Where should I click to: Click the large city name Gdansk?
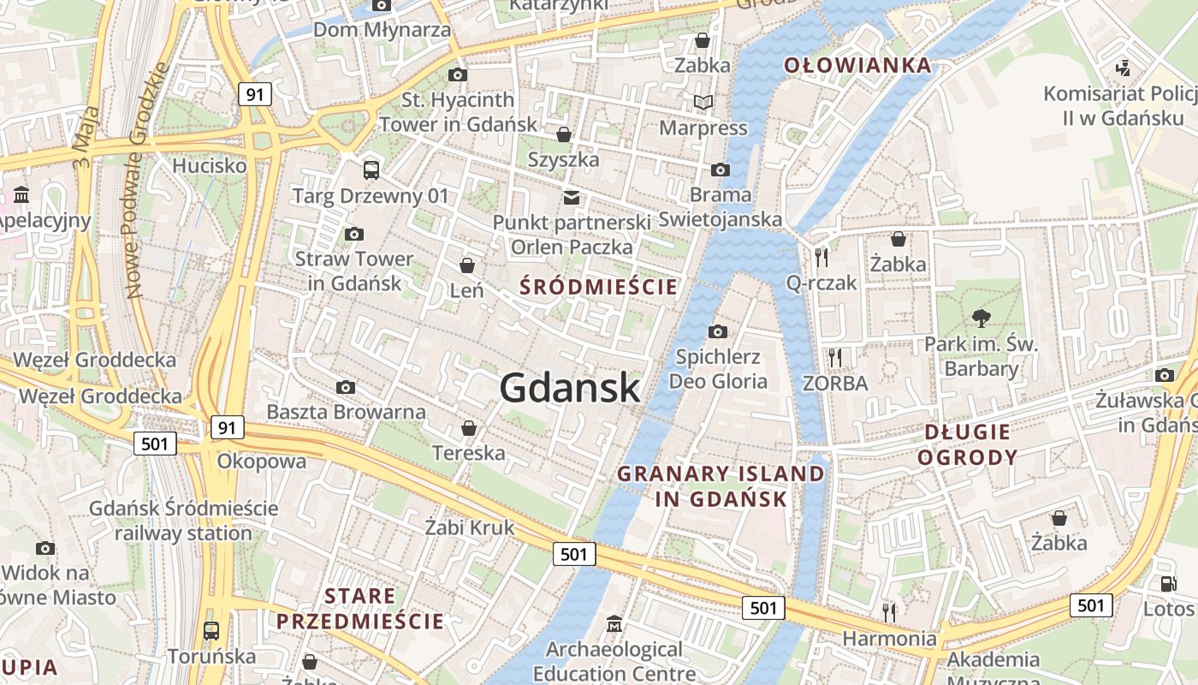tap(570, 387)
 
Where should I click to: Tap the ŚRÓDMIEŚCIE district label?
tap(598, 287)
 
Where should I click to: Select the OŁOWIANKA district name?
tap(857, 65)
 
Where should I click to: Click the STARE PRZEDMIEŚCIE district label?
tap(360, 608)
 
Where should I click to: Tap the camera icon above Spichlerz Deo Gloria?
tap(718, 331)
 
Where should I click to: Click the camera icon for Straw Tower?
tap(353, 234)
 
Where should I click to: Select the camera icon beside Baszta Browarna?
tap(346, 387)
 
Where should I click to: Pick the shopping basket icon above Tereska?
tap(469, 427)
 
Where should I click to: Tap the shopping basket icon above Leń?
tap(467, 265)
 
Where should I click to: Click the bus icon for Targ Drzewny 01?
tap(371, 170)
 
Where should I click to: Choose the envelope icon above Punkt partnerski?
tap(571, 198)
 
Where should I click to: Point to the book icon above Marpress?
tap(703, 103)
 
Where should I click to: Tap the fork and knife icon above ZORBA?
tap(835, 357)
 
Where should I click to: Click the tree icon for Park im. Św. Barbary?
tap(981, 319)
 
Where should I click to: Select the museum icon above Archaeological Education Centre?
tap(614, 623)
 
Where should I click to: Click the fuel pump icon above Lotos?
tap(1168, 584)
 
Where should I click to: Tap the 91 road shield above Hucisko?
tap(254, 93)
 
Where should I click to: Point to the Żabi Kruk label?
tap(470, 527)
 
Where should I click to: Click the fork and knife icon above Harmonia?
tap(889, 612)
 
